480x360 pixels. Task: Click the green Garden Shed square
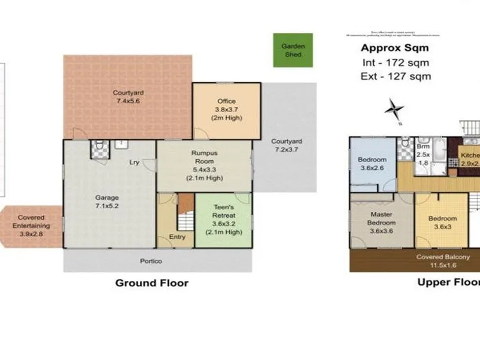293,50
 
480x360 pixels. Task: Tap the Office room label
226,109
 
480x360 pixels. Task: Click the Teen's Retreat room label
223,218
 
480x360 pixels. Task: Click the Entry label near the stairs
177,237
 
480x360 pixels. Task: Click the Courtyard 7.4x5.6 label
128,97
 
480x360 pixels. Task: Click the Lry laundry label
135,162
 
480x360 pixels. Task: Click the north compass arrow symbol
394,110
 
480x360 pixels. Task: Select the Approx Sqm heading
394,49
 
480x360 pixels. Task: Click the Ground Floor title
151,283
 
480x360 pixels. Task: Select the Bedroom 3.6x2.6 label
372,164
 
